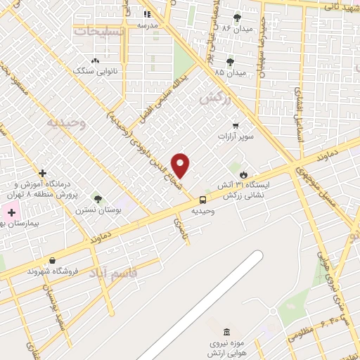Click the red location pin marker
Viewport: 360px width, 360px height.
pyautogui.click(x=181, y=166)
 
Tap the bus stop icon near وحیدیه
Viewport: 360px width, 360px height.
pyautogui.click(x=203, y=200)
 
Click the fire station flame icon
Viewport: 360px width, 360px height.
pyautogui.click(x=243, y=174)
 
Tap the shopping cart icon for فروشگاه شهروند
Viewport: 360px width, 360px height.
pyautogui.click(x=52, y=260)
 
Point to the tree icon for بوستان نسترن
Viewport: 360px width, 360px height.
pyautogui.click(x=97, y=199)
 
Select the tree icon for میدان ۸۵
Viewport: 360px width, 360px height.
pyautogui.click(x=230, y=62)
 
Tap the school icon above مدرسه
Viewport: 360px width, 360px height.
pyautogui.click(x=147, y=14)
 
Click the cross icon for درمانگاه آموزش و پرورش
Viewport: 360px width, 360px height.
pyautogui.click(x=43, y=173)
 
